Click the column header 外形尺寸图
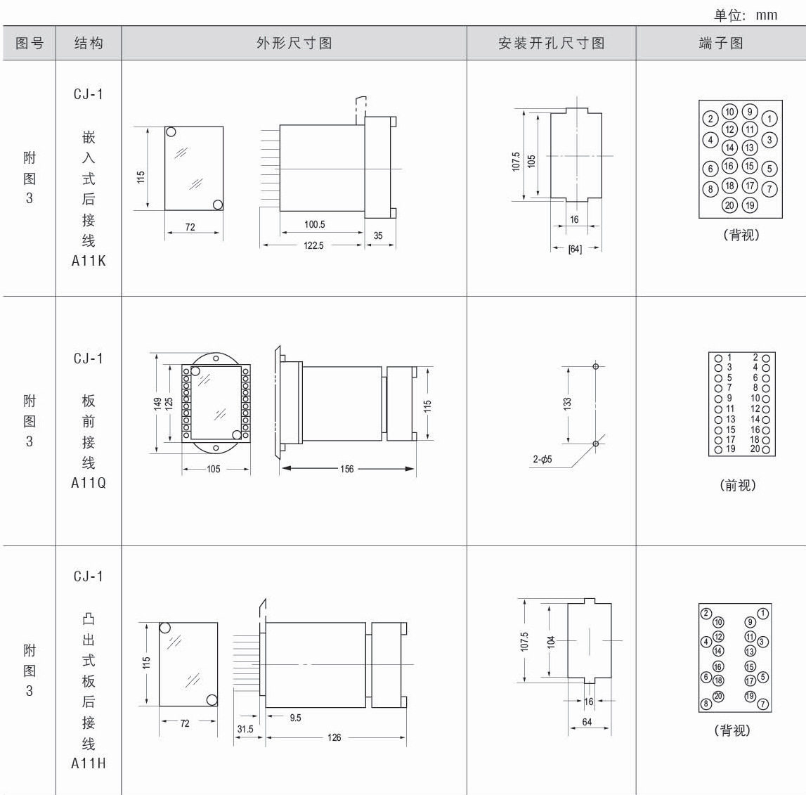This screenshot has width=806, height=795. pos(294,44)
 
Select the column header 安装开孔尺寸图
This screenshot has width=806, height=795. pos(551,44)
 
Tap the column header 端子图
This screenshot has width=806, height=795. pos(720,44)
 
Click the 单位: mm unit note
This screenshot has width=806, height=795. pos(746,15)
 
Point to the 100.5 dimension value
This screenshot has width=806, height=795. pos(314,225)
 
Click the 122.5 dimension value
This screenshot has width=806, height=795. pos(313,246)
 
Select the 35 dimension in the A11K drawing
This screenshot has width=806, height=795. pos(378,235)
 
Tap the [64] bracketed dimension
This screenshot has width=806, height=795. pos(575,248)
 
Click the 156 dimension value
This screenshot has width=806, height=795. pos(347,469)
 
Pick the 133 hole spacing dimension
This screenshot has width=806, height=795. pos(567,403)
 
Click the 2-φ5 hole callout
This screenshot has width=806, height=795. pos(542,460)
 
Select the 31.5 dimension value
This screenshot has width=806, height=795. pos(245,729)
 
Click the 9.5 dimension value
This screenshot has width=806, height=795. pos(295,718)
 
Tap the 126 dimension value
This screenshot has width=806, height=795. pos(334,737)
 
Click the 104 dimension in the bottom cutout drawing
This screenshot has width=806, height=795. pos(552,641)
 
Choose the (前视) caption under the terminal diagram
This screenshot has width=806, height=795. pos(738,485)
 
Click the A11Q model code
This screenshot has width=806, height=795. pos(89,483)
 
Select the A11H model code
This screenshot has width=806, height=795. pos(89,763)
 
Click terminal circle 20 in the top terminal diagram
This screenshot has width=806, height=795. pos(729,205)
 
